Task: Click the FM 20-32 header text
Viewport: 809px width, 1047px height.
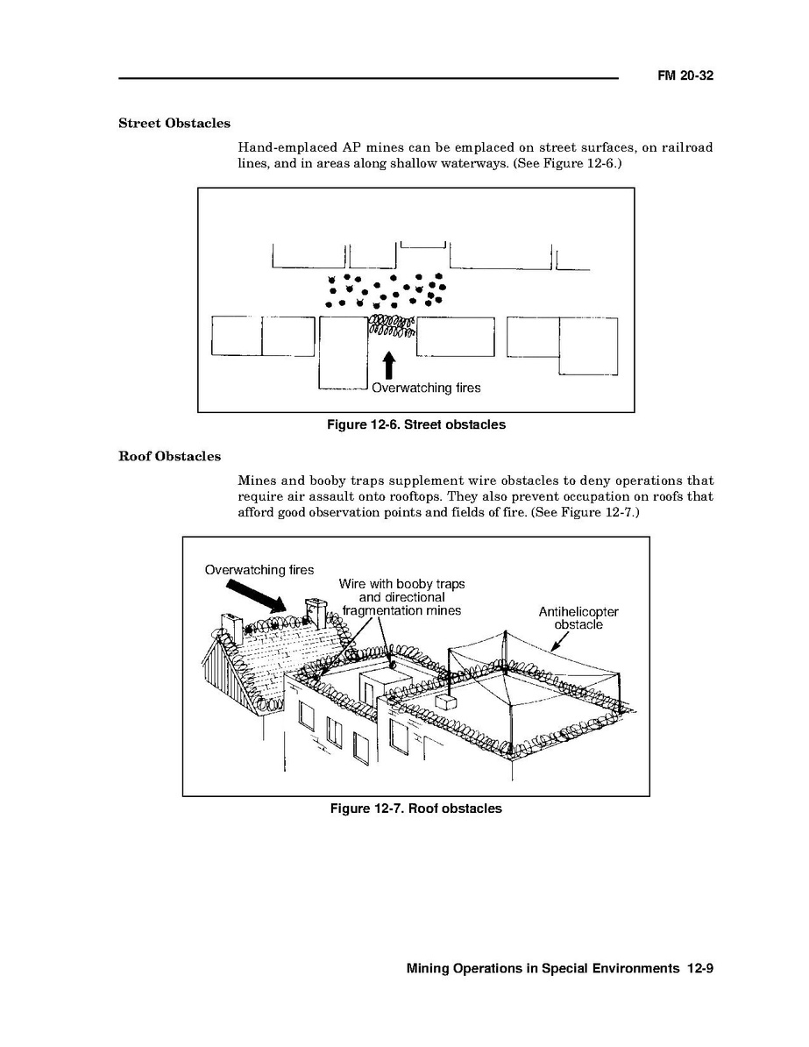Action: click(685, 76)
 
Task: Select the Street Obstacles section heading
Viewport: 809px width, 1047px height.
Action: click(174, 124)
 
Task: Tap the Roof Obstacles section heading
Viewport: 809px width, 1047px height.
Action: click(169, 457)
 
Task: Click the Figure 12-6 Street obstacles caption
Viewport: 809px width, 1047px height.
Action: click(415, 424)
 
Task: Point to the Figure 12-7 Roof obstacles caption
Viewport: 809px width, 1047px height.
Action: click(415, 808)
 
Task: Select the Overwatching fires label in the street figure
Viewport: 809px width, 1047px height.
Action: click(426, 388)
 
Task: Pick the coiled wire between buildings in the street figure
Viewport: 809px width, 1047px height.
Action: click(391, 326)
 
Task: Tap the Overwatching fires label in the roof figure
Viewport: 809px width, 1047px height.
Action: click(259, 570)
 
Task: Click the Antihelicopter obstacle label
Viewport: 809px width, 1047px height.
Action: click(578, 618)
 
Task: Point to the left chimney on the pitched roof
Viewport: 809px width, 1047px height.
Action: click(231, 626)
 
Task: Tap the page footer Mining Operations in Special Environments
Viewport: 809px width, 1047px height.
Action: click(543, 969)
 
